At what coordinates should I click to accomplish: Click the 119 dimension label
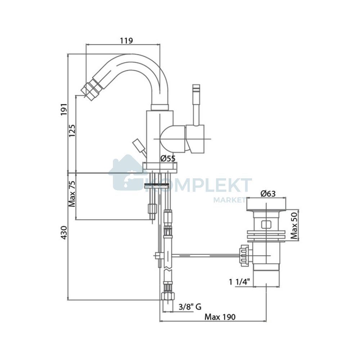pos(126,41)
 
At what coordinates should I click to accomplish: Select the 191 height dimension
pos(64,109)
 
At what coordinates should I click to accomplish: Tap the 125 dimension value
pos(72,131)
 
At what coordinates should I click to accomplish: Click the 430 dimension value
pos(64,233)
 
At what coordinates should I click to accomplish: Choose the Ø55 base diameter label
pos(168,158)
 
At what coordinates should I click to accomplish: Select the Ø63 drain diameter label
pos(268,194)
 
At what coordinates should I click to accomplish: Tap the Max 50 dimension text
pos(294,225)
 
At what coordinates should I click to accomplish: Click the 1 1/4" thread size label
pos(239,282)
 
